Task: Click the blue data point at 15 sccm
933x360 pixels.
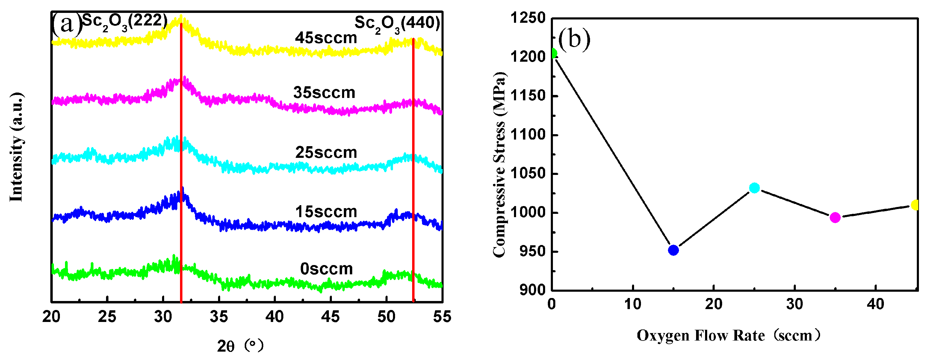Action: click(x=673, y=250)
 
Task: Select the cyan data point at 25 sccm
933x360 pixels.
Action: click(x=754, y=187)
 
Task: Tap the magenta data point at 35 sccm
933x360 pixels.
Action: click(x=835, y=217)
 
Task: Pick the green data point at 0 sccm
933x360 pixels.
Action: click(x=553, y=53)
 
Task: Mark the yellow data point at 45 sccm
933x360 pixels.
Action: click(x=915, y=205)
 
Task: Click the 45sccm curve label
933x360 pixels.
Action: click(x=326, y=38)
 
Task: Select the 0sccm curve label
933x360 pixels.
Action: click(x=326, y=269)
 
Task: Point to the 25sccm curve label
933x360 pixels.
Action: click(x=326, y=152)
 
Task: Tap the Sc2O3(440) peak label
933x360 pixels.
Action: click(x=397, y=24)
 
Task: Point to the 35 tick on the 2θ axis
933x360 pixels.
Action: click(x=219, y=317)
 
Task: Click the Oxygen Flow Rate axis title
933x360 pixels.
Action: click(x=728, y=335)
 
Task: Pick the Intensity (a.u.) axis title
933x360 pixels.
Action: click(x=16, y=147)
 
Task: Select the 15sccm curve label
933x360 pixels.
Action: click(x=326, y=212)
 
